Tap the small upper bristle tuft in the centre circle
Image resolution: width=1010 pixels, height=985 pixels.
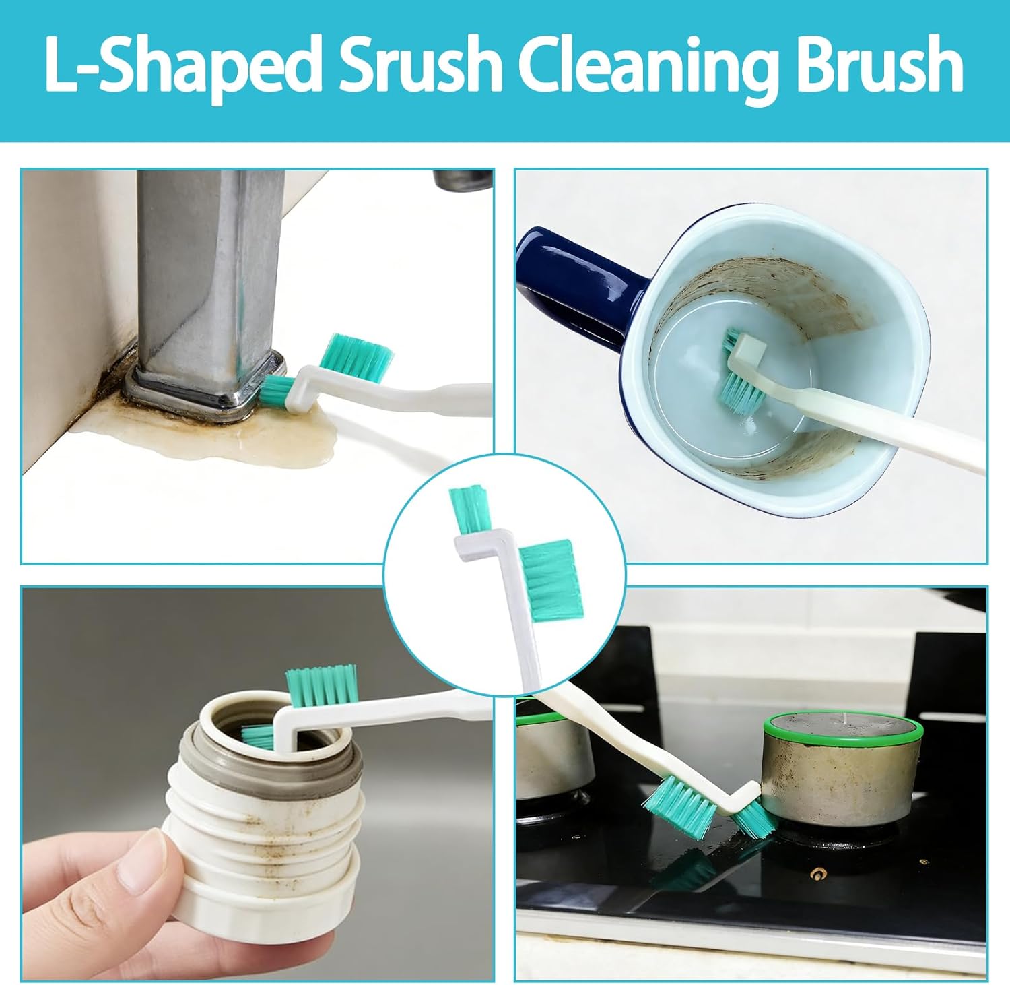coord(466,509)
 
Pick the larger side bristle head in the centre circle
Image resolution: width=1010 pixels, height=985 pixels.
coord(551,579)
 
